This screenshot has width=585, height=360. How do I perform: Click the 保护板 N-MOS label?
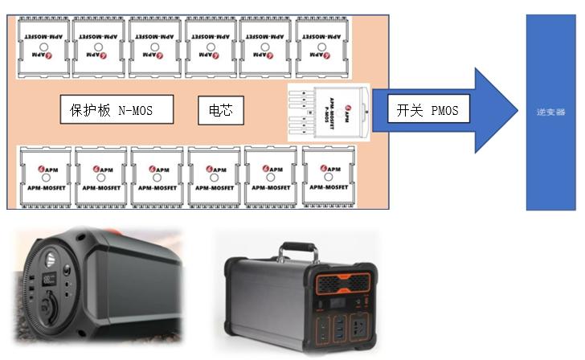[x=117, y=109]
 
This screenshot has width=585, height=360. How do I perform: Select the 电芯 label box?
[x=220, y=110]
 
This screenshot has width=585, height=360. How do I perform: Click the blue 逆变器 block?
[x=550, y=112]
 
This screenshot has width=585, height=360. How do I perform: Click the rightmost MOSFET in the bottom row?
[x=328, y=174]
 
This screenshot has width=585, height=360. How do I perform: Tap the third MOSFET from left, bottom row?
[x=157, y=174]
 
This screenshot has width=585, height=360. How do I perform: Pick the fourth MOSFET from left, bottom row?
[x=214, y=174]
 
